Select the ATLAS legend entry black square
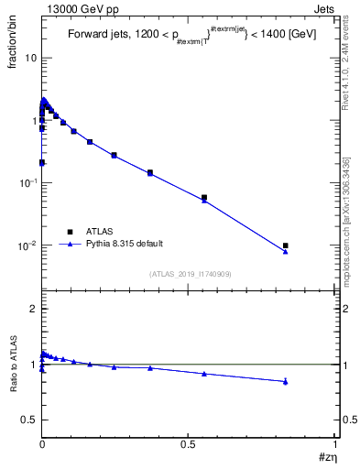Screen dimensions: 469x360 [69, 232]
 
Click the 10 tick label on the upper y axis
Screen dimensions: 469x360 [30, 58]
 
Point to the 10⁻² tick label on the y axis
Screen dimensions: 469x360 [27, 245]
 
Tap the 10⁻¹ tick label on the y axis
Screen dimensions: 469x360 [27, 183]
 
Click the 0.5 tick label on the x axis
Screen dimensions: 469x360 [188, 443]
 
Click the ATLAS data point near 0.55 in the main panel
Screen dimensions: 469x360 [204, 197]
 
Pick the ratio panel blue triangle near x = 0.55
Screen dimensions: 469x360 [204, 374]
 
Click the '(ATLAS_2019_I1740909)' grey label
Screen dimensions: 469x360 [190, 273]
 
